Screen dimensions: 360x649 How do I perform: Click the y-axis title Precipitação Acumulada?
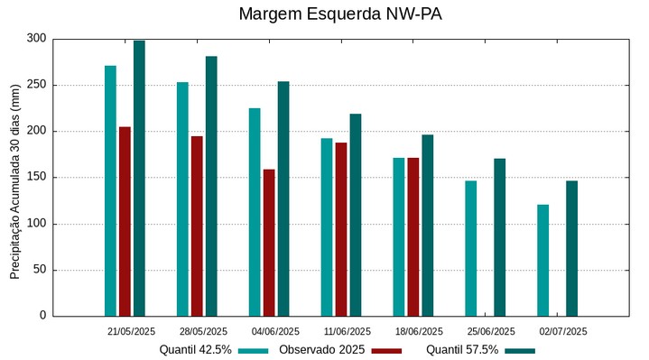(x=14, y=178)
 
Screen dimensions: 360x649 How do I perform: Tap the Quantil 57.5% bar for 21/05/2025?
(x=139, y=179)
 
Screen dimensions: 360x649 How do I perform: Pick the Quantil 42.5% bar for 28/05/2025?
(x=182, y=198)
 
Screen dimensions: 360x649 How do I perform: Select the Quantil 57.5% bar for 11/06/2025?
(x=356, y=215)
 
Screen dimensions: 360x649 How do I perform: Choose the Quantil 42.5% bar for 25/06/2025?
(x=471, y=248)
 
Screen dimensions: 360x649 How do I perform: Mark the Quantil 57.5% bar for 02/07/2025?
(x=572, y=248)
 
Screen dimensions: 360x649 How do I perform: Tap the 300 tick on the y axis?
(x=36, y=39)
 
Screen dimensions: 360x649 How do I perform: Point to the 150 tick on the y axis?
(x=36, y=178)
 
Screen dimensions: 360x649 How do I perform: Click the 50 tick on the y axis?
(x=40, y=270)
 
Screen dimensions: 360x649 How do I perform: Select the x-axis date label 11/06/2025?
(x=347, y=331)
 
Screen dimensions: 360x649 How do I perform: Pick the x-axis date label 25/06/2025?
(x=491, y=331)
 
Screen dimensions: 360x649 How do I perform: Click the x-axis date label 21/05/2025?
(x=131, y=331)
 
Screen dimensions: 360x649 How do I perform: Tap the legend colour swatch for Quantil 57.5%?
(x=519, y=350)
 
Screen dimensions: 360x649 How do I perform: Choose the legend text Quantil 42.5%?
(x=196, y=349)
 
